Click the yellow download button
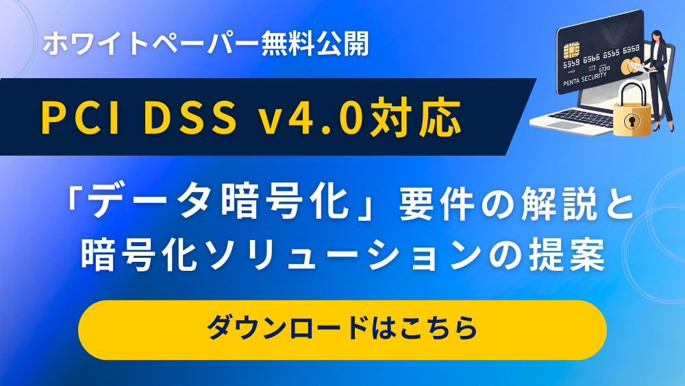coord(342,330)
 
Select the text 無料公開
coord(315,44)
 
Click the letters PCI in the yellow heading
coord(80,117)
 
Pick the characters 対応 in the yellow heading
coord(415,117)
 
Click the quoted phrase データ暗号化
coord(221,202)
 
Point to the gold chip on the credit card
coord(571,50)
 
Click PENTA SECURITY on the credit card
coord(585,79)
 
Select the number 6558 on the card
coord(632,49)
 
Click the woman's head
coord(656,37)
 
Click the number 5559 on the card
coord(571,63)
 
